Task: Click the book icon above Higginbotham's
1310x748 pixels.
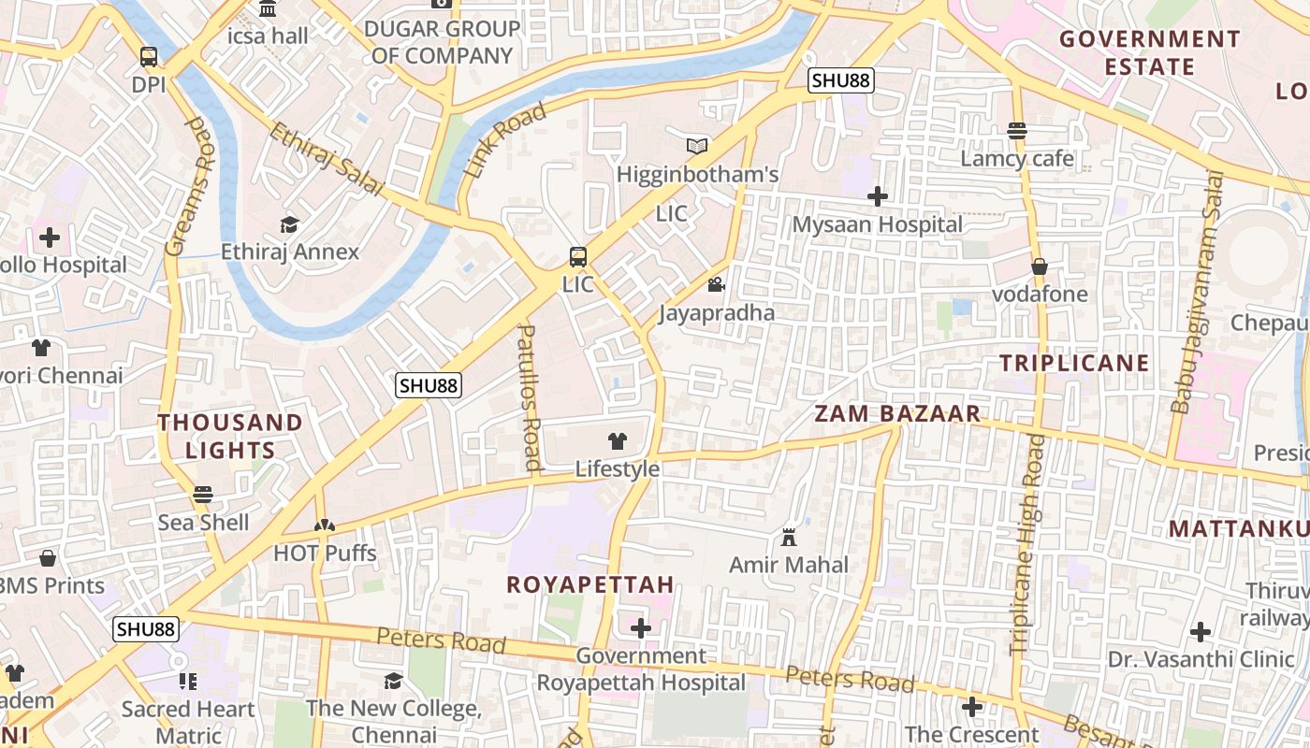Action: point(697,146)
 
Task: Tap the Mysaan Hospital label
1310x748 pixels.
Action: point(877,225)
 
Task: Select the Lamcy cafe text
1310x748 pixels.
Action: point(1017,159)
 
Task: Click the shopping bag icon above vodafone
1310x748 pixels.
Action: point(1039,266)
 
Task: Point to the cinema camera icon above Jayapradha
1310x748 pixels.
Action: point(717,284)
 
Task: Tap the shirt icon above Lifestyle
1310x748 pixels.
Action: point(618,441)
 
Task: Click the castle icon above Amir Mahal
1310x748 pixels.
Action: point(789,538)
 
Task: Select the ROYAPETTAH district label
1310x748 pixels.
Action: point(589,585)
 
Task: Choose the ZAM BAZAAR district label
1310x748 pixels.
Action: point(897,414)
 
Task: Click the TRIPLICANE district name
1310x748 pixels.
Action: point(1074,363)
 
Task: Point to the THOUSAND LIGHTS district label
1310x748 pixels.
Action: point(230,436)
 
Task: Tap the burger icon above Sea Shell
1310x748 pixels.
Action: point(203,495)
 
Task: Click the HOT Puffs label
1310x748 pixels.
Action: point(325,554)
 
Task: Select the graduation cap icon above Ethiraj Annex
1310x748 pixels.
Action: point(289,224)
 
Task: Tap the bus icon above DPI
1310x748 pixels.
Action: point(148,57)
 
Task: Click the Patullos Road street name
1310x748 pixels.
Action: point(530,397)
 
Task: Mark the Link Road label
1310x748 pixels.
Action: point(504,141)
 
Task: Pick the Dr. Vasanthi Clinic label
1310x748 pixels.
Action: point(1201,659)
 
